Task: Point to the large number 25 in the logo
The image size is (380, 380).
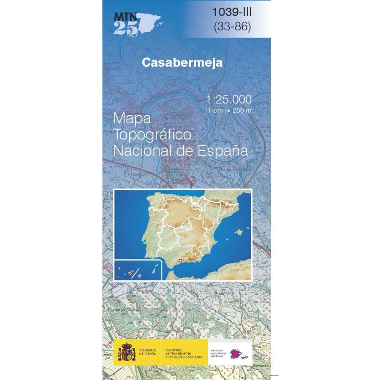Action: (122, 28)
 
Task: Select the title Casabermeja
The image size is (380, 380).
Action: (182, 62)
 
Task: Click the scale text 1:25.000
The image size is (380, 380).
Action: (229, 100)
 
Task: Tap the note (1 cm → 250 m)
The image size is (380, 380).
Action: (229, 111)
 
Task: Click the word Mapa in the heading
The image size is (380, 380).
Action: (132, 119)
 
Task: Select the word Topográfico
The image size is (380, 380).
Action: (153, 135)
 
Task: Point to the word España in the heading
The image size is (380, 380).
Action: (224, 150)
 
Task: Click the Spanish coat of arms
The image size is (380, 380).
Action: (127, 352)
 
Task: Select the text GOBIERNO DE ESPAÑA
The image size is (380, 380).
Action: (148, 352)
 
